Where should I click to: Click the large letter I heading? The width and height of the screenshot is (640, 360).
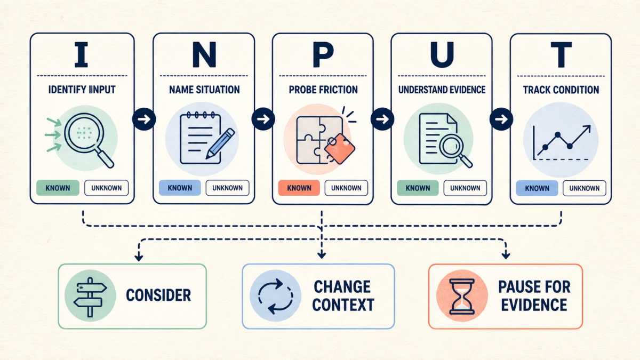tap(81, 54)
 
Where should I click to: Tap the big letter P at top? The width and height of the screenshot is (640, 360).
tap(323, 55)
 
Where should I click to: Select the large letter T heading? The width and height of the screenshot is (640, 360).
tap(561, 55)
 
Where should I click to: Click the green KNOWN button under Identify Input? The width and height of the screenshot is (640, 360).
tap(58, 188)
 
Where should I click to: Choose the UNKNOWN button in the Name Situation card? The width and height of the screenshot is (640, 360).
tap(227, 188)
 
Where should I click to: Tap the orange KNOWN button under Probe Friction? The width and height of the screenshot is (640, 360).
tap(299, 188)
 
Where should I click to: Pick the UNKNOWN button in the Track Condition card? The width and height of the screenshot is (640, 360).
tap(585, 188)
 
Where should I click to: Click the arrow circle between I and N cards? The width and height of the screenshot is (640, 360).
tap(144, 119)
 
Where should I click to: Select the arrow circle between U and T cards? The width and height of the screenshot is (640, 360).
tap(501, 119)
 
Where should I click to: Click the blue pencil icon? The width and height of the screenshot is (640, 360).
tap(220, 143)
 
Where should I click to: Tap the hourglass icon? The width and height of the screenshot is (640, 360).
tap(462, 297)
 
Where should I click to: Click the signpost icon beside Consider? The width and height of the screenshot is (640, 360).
tap(90, 297)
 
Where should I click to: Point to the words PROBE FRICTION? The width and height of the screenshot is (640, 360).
tap(323, 90)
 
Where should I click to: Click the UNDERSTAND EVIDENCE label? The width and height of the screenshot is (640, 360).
tap(442, 90)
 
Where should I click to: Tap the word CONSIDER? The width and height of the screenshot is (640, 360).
tap(158, 295)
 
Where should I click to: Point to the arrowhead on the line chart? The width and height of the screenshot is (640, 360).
tap(587, 129)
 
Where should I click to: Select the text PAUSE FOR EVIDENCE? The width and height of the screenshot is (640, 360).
tap(534, 295)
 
